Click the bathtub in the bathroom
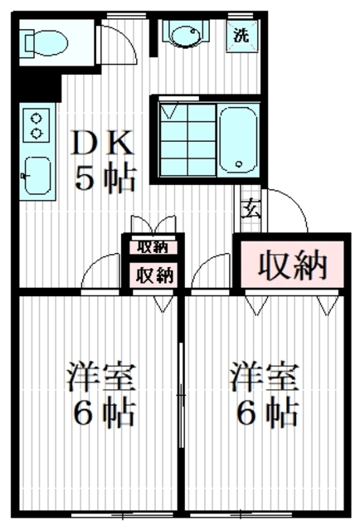(x=238, y=140)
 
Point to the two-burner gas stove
(x=36, y=124)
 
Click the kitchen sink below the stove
(x=36, y=174)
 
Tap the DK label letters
(x=103, y=144)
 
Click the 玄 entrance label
(x=250, y=209)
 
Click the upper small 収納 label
(x=153, y=246)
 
